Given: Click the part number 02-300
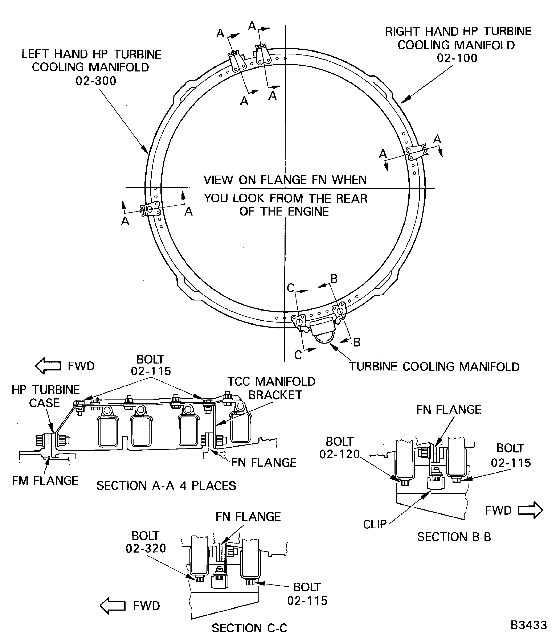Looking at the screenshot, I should pyautogui.click(x=96, y=81).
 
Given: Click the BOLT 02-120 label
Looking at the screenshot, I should pyautogui.click(x=339, y=448).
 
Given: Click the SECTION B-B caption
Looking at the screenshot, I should pyautogui.click(x=454, y=537).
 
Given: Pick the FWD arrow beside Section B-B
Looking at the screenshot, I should pyautogui.click(x=530, y=510).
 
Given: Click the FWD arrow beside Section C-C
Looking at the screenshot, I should pyautogui.click(x=113, y=606).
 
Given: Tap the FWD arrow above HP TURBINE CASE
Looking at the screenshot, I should pyautogui.click(x=48, y=366).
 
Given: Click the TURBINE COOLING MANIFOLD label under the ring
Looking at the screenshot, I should pyautogui.click(x=434, y=366).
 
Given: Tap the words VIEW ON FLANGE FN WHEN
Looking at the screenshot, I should pyautogui.click(x=285, y=180).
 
